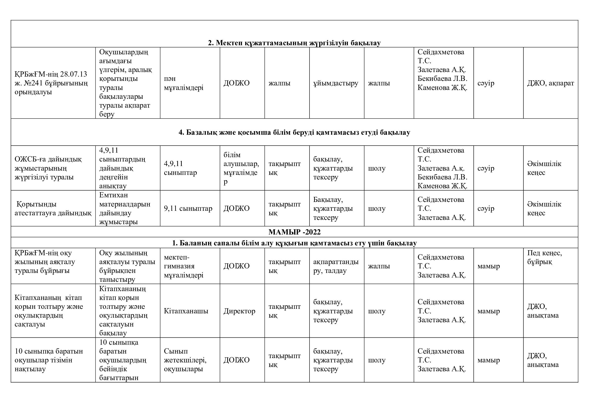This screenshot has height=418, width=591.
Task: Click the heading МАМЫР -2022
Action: click(x=294, y=232)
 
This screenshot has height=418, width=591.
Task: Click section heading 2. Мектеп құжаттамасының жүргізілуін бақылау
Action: click(x=294, y=43)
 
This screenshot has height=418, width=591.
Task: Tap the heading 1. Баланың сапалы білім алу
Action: click(x=294, y=243)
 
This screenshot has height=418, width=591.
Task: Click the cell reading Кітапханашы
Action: click(x=186, y=311)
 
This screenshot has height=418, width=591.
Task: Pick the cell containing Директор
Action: click(x=239, y=311)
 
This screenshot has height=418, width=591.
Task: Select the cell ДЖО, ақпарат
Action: click(x=551, y=83)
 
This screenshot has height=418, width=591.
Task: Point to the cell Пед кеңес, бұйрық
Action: click(x=545, y=257)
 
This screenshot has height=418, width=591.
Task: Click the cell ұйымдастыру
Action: click(x=336, y=83)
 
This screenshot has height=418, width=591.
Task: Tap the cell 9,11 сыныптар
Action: click(x=188, y=208)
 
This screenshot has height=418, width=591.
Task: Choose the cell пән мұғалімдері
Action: click(x=183, y=83)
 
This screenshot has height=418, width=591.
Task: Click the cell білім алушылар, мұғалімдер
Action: click(x=241, y=168)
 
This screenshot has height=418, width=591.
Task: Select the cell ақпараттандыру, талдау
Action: click(x=336, y=266)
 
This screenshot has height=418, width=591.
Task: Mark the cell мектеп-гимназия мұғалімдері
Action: click(x=183, y=266)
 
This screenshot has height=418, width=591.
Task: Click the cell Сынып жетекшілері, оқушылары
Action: click(x=185, y=360)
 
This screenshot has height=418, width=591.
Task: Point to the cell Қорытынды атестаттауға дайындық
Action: click(x=53, y=208)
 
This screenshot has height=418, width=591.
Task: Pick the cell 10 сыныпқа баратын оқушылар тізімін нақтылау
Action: click(x=49, y=360)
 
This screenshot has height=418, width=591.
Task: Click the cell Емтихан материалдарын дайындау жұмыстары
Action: click(x=125, y=208)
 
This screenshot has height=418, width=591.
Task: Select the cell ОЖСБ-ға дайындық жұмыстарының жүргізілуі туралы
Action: click(x=48, y=168)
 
